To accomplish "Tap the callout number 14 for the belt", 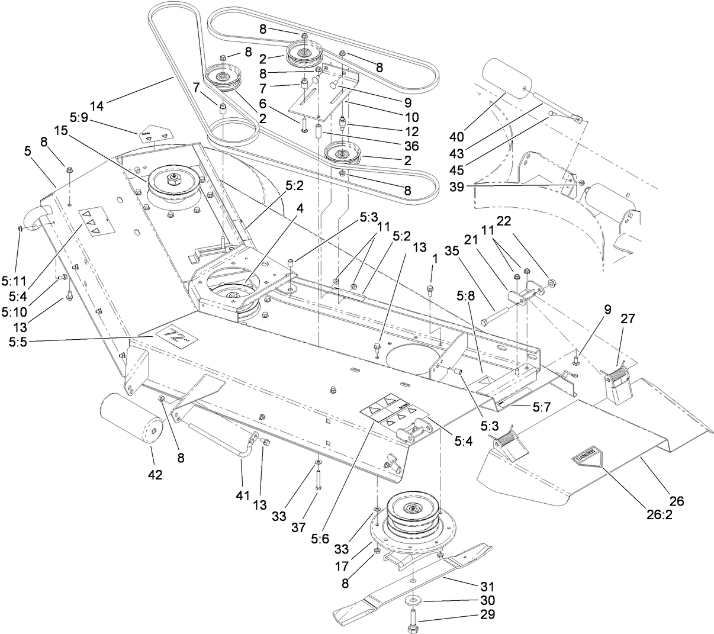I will point(97,107).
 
